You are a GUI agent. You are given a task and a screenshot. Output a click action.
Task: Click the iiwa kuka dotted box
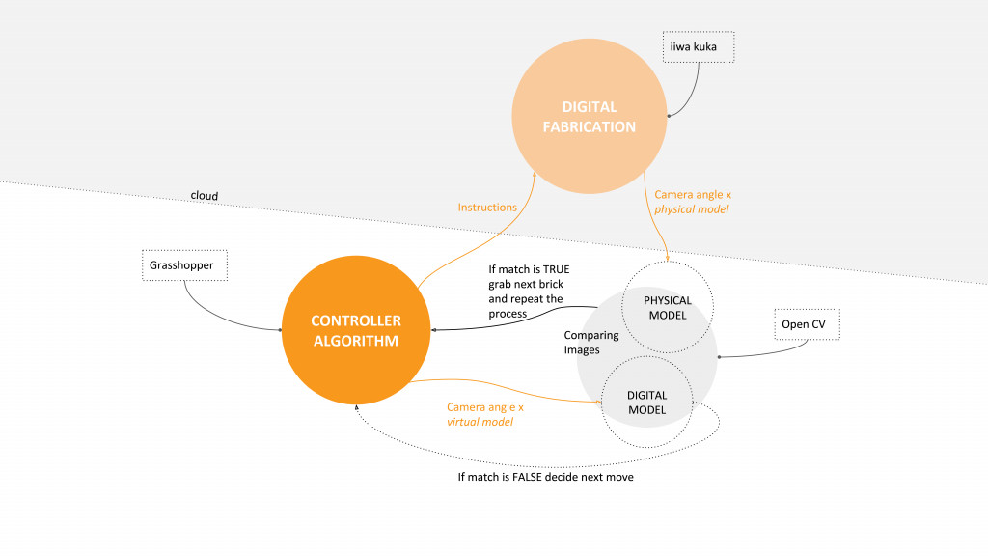tap(700, 46)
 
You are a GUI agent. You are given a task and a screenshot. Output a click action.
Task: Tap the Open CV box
tap(807, 324)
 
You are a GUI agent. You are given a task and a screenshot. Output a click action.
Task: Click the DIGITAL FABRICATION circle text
tap(589, 117)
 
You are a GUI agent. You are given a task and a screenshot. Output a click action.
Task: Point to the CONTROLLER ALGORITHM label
tap(356, 330)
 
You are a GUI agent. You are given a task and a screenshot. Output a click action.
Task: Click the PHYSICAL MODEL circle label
tap(668, 308)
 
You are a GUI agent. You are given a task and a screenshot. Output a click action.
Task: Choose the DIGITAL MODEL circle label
tap(646, 403)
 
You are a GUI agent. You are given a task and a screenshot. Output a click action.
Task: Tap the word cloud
tap(205, 196)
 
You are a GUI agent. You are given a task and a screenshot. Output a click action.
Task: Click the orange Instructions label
tap(487, 207)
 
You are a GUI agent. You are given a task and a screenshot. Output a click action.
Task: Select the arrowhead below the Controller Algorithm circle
tap(357, 408)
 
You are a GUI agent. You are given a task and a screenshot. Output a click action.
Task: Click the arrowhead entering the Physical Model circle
tap(669, 259)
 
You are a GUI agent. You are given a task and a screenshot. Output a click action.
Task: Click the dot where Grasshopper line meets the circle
tap(281, 330)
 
